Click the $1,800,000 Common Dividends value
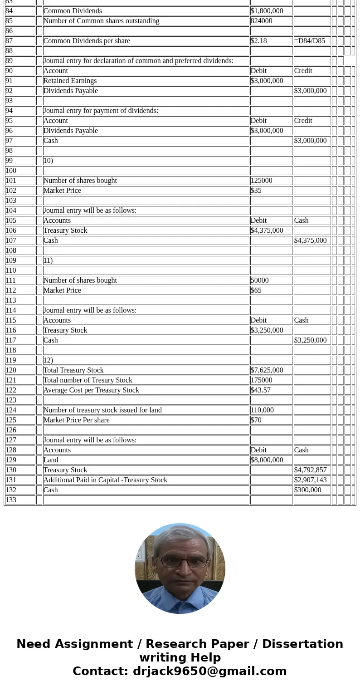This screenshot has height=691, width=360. pyautogui.click(x=267, y=11)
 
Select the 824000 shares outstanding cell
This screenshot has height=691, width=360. pyautogui.click(x=262, y=21)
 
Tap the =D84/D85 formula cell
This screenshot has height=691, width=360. pyautogui.click(x=310, y=41)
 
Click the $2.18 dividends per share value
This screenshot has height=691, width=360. pyautogui.click(x=259, y=41)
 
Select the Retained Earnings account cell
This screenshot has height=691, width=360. pyautogui.click(x=70, y=81)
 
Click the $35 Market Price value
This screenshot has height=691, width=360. pyautogui.click(x=256, y=191)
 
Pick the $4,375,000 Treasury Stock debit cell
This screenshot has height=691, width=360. pyautogui.click(x=267, y=230)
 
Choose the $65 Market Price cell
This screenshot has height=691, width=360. pyautogui.click(x=256, y=290)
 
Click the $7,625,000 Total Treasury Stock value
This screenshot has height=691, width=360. pyautogui.click(x=267, y=370)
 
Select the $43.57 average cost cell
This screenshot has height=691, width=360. pyautogui.click(x=261, y=390)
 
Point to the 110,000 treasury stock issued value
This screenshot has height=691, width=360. pyautogui.click(x=262, y=410)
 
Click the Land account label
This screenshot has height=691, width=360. pyautogui.click(x=51, y=460)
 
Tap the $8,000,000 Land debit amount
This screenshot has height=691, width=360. pyautogui.click(x=267, y=460)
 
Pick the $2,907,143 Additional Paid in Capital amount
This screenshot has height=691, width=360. pyautogui.click(x=311, y=480)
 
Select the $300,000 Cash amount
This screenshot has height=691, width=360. pyautogui.click(x=308, y=490)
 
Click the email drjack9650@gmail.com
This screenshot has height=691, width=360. pyautogui.click(x=210, y=671)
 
